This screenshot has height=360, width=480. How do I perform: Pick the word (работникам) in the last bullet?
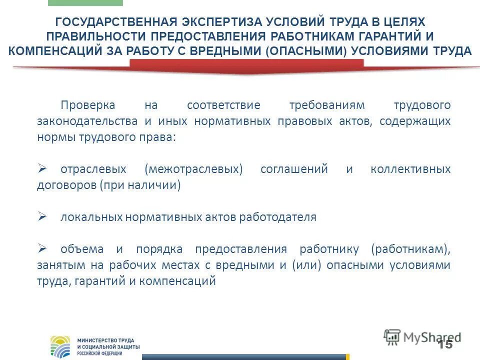tap(410, 249)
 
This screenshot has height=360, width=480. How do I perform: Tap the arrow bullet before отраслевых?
tap(42, 168)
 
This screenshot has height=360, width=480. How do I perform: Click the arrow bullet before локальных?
tap(42, 216)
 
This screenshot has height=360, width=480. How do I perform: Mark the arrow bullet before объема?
tap(42, 248)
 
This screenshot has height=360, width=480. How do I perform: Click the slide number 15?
tap(444, 344)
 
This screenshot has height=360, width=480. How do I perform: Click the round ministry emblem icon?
tap(61, 346)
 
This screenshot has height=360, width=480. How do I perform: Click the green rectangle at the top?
tap(85, 3)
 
